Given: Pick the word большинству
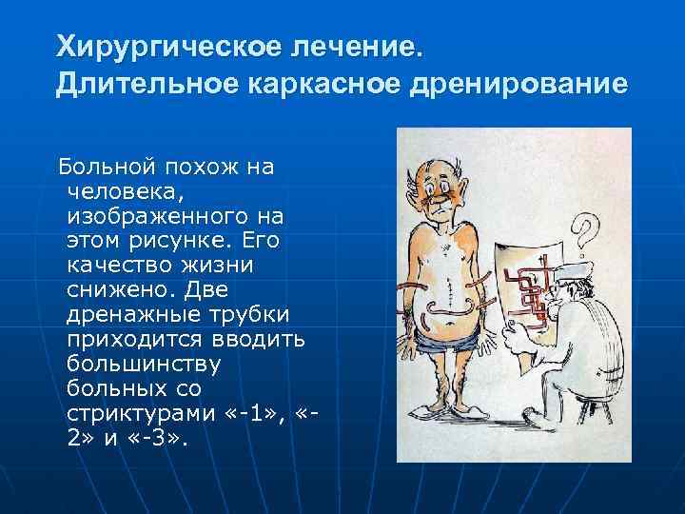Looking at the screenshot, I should pos(144,363).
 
